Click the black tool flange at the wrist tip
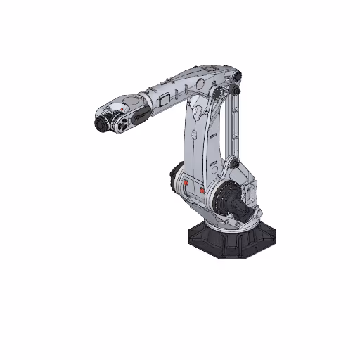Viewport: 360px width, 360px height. (101, 124)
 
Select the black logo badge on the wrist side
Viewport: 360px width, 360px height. (141, 112)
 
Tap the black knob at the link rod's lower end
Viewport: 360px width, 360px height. (235, 166)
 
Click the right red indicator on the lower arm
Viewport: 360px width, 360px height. (204, 189)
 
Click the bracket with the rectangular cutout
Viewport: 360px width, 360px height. (252, 193)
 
